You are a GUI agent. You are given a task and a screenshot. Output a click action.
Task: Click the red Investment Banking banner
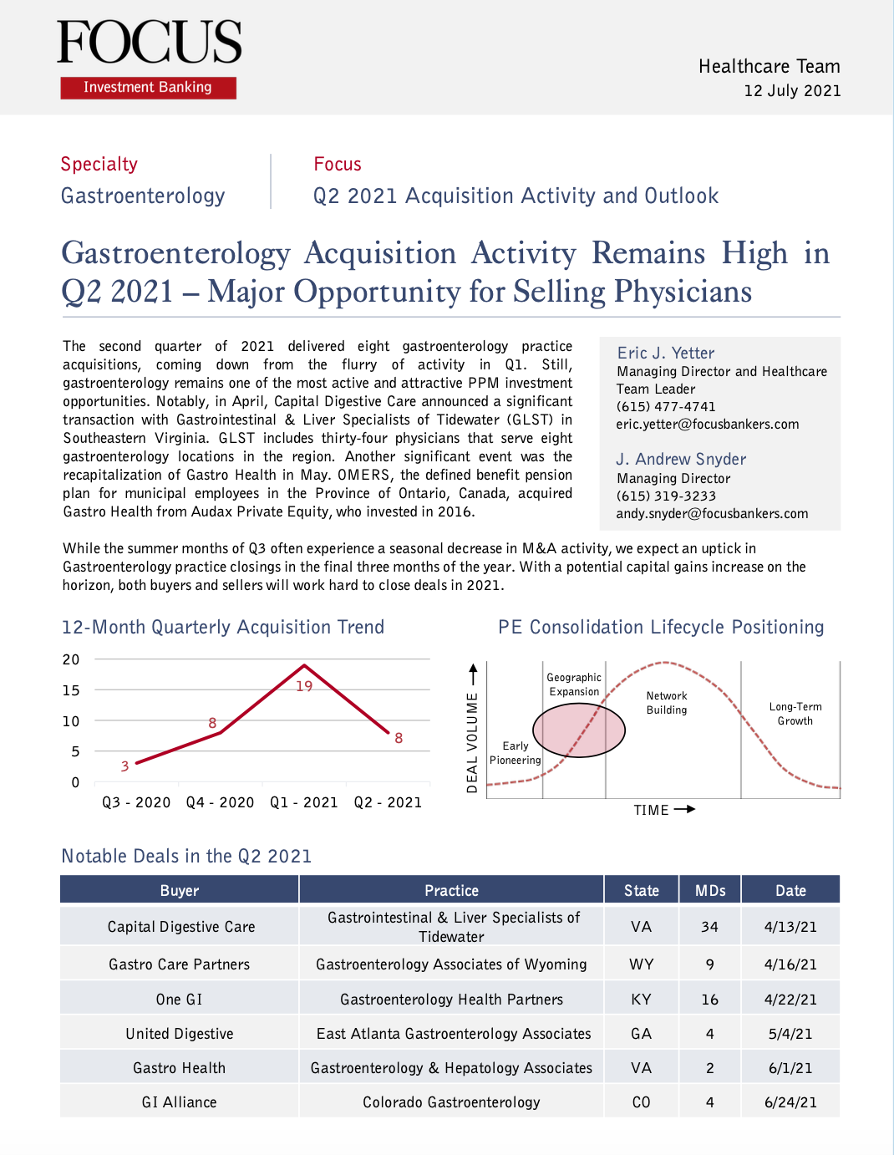pos(148,88)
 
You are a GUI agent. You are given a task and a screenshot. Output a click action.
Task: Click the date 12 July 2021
pos(792,91)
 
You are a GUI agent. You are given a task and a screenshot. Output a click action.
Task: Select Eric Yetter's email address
pos(708,425)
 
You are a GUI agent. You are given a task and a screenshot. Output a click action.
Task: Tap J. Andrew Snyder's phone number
pos(666,496)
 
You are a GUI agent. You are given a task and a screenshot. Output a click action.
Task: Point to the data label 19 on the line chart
pos(304,686)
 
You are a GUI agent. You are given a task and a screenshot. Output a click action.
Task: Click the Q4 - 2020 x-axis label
pos(220,802)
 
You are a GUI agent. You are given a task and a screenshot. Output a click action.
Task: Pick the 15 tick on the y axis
pos(71,690)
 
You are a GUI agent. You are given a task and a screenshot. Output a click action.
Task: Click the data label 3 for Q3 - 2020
pos(124,766)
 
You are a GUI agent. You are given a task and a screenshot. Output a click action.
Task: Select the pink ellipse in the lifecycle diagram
pos(579,730)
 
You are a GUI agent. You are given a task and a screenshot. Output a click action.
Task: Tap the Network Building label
pos(667,703)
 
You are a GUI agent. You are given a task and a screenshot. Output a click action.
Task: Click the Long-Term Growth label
pos(795,714)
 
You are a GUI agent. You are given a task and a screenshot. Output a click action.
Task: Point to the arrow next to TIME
pos(684,810)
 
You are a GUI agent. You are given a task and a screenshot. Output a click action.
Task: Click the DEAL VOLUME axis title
pos(472,742)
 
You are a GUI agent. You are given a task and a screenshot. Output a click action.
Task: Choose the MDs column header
pos(710,890)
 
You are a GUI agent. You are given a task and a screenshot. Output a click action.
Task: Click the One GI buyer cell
pos(179,1000)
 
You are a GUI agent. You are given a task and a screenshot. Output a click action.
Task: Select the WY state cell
pos(641,964)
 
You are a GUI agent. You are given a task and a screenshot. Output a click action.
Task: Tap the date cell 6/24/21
pos(790,1102)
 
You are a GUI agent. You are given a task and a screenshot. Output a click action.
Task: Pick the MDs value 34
pos(709,927)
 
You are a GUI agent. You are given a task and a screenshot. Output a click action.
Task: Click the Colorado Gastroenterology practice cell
pos(451,1102)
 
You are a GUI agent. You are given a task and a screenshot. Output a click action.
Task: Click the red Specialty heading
pos(99,165)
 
